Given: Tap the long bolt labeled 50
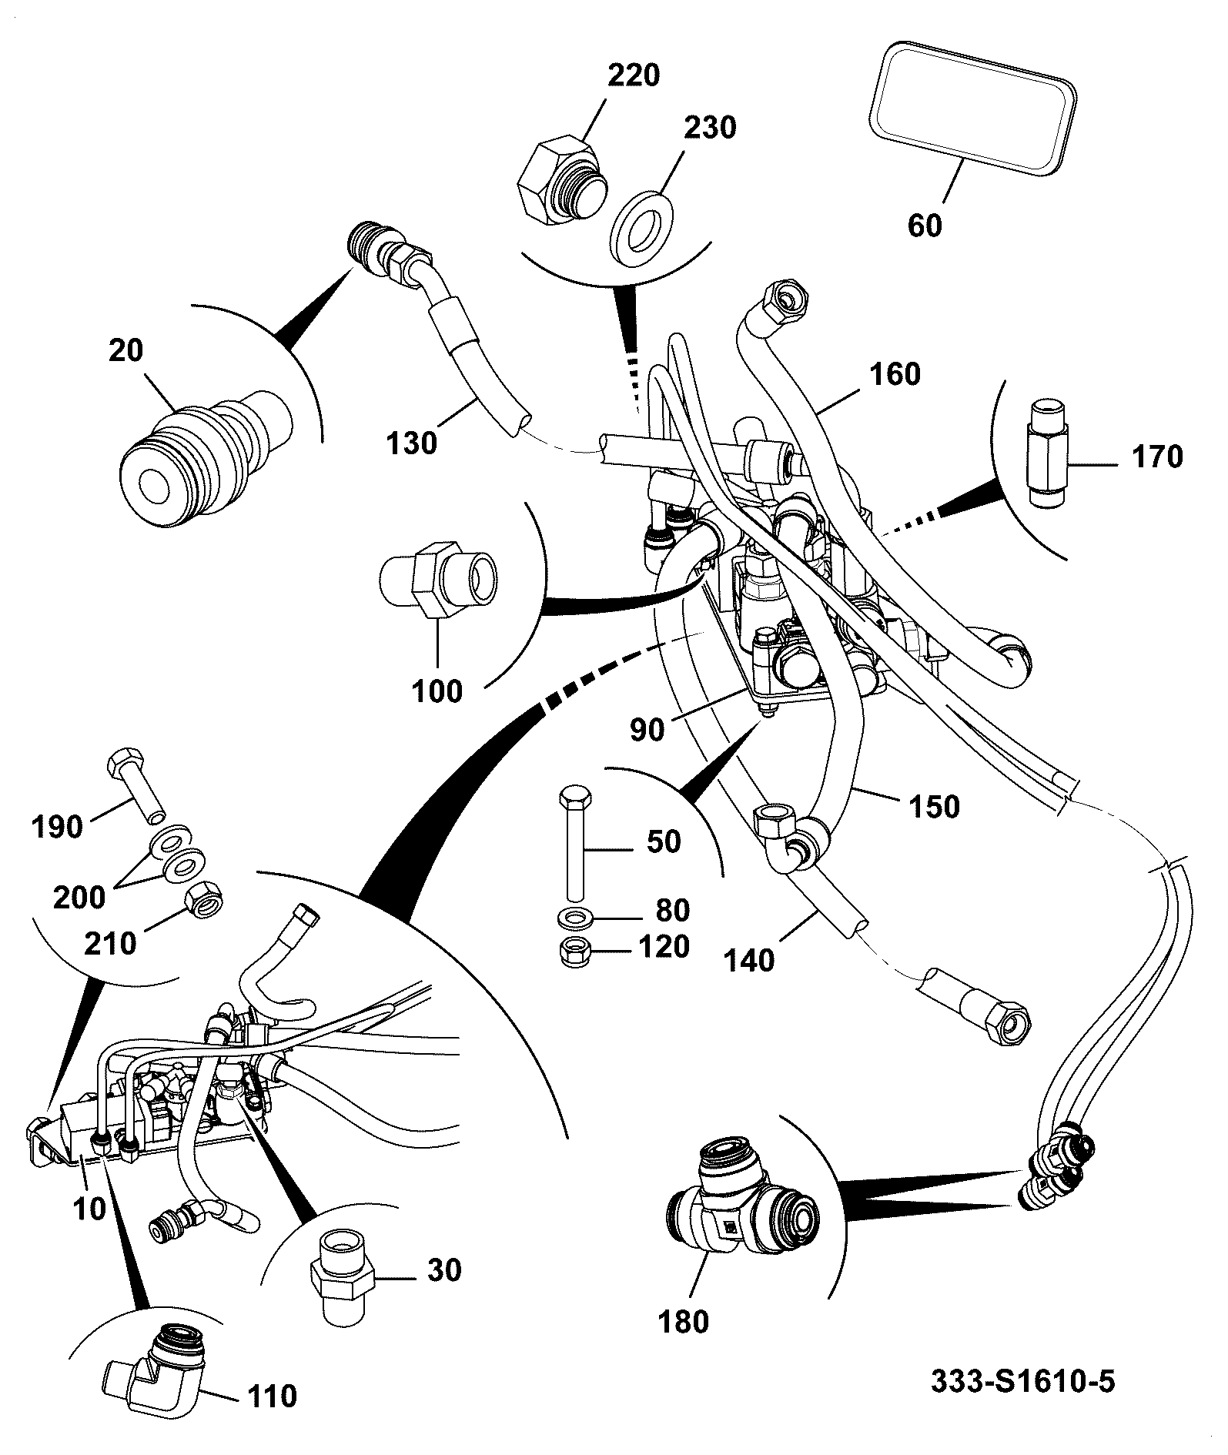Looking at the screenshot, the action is [x=573, y=842].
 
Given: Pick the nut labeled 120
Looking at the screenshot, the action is [x=573, y=952].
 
